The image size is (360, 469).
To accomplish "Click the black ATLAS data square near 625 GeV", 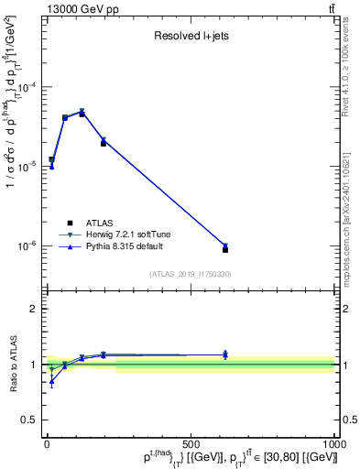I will click(225, 249).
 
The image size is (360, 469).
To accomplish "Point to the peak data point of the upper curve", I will click(82, 112).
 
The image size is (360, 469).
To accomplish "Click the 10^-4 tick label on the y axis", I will click(31, 87).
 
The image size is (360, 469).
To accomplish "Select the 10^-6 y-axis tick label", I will click(31, 245).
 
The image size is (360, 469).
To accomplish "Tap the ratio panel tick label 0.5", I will click(31, 421).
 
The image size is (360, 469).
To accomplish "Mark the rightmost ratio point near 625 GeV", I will click(225, 354).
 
